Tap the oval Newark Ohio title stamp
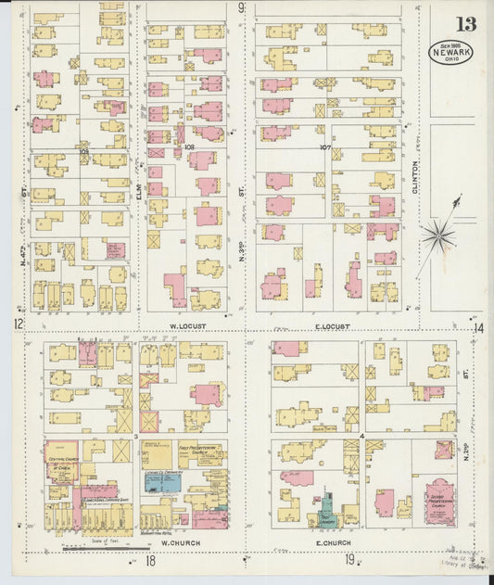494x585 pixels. pos(451,51)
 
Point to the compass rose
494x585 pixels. pos(437,235)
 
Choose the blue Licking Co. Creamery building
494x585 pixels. pos(162,483)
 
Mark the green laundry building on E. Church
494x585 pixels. pos(326,508)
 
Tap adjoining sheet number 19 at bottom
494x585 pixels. pos(349,558)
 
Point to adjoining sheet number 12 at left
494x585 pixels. pos(17,324)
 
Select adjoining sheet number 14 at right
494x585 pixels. pos(479,327)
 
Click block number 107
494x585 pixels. pos(324,146)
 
